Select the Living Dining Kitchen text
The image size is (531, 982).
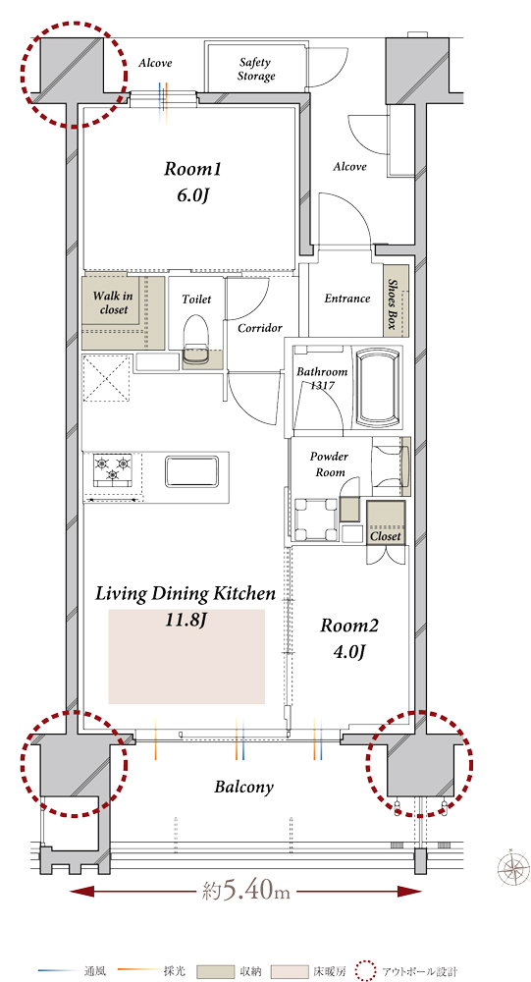pyautogui.click(x=186, y=594)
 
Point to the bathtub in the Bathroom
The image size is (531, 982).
pyautogui.click(x=378, y=387)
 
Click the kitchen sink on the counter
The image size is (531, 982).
pyautogui.click(x=191, y=471)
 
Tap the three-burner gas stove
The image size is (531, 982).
pyautogui.click(x=113, y=469)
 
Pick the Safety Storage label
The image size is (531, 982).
pyautogui.click(x=255, y=70)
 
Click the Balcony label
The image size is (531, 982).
pyautogui.click(x=243, y=788)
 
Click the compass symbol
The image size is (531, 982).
pyautogui.click(x=512, y=868)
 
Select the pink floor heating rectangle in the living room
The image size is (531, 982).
pyautogui.click(x=186, y=656)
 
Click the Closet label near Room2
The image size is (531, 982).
pyautogui.click(x=385, y=537)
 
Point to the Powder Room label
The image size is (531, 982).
pyautogui.click(x=330, y=464)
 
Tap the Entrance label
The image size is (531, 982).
pyautogui.click(x=346, y=299)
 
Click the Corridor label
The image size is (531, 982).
pyautogui.click(x=260, y=328)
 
